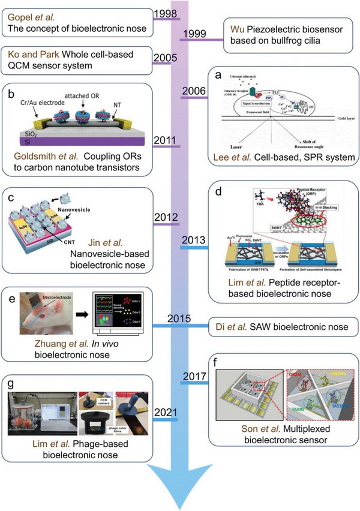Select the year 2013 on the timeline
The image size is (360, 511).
194,241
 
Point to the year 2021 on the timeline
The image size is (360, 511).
164,412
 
